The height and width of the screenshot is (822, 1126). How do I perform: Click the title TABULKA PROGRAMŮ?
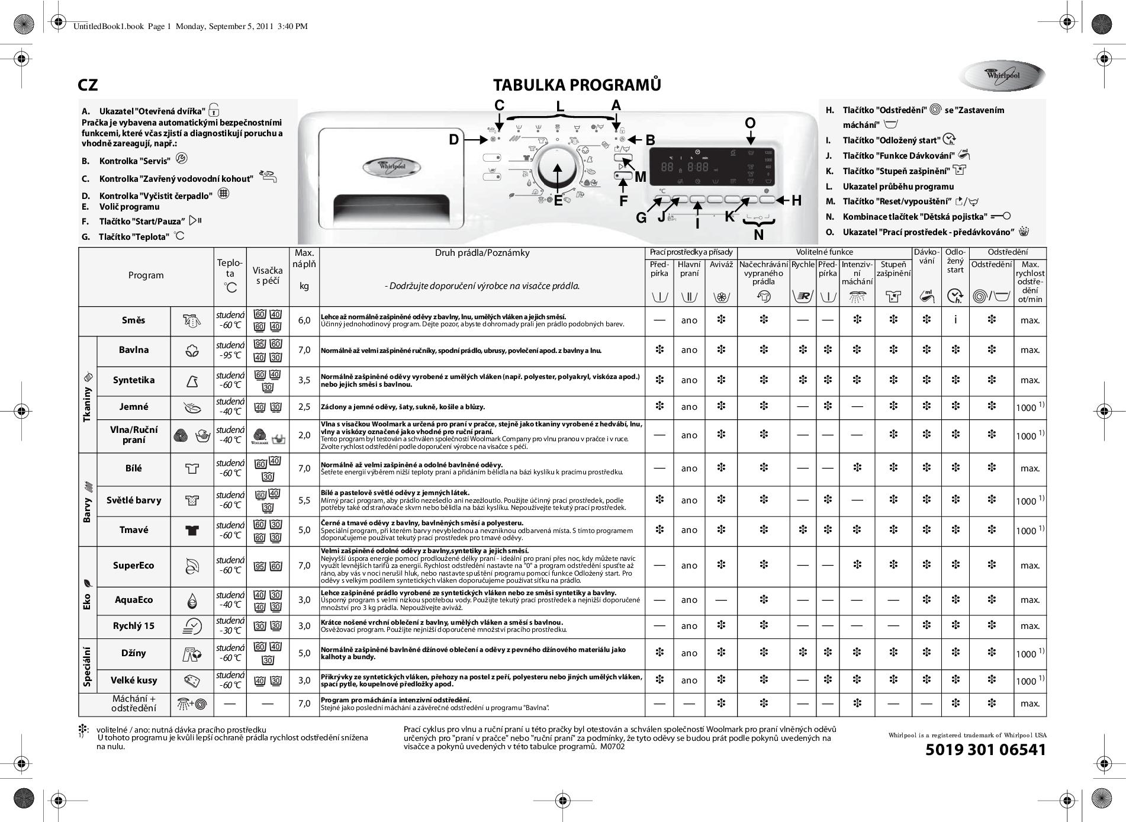click(x=577, y=85)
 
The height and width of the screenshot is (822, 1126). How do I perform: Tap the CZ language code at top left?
click(x=88, y=85)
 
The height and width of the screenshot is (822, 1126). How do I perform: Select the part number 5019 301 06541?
click(x=985, y=750)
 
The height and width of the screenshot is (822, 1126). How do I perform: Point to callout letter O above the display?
click(x=750, y=123)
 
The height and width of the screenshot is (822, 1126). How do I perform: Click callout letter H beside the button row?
click(x=796, y=201)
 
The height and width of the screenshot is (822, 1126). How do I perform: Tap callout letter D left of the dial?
click(x=453, y=140)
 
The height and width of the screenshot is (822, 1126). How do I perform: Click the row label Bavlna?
click(x=134, y=350)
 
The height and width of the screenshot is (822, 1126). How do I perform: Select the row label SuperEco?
click(x=134, y=566)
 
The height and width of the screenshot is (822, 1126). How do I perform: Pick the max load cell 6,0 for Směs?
click(x=304, y=320)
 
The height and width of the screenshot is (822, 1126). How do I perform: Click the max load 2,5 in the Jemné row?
click(x=304, y=407)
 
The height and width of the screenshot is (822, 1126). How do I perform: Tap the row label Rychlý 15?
click(x=134, y=626)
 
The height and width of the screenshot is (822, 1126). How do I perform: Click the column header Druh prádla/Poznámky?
click(x=482, y=253)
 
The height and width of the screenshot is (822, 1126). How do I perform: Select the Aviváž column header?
click(x=721, y=265)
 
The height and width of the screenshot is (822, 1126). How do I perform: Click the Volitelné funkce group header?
click(x=824, y=252)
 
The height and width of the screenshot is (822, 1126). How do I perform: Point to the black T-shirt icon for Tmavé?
click(x=192, y=530)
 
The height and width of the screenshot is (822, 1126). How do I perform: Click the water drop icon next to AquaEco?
click(x=192, y=601)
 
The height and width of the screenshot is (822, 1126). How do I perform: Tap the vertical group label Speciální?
click(x=88, y=666)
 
